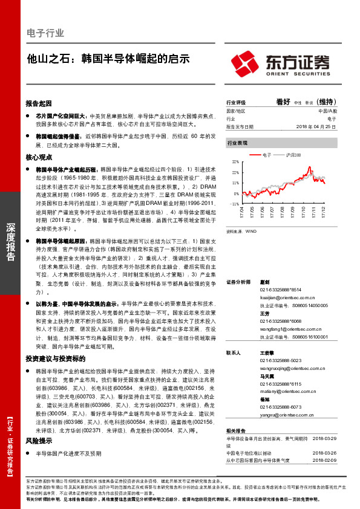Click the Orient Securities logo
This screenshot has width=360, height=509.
[280, 62]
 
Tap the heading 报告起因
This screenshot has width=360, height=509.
[39, 103]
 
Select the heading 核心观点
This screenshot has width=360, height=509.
[39, 157]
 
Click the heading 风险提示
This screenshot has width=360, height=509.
[39, 441]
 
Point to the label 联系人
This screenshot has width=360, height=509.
[234, 352]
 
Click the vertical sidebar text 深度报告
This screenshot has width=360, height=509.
[10, 242]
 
